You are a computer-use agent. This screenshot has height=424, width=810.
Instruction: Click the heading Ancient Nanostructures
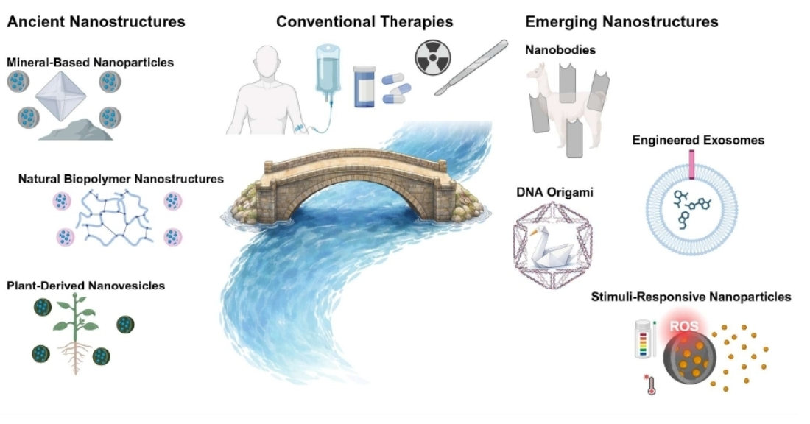pos(96,22)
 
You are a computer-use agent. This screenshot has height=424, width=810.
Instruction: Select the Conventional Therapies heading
pos(364,22)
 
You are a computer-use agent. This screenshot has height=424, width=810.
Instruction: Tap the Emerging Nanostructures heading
pos(621,22)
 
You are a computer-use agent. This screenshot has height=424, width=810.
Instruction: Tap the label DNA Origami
pos(546,193)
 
